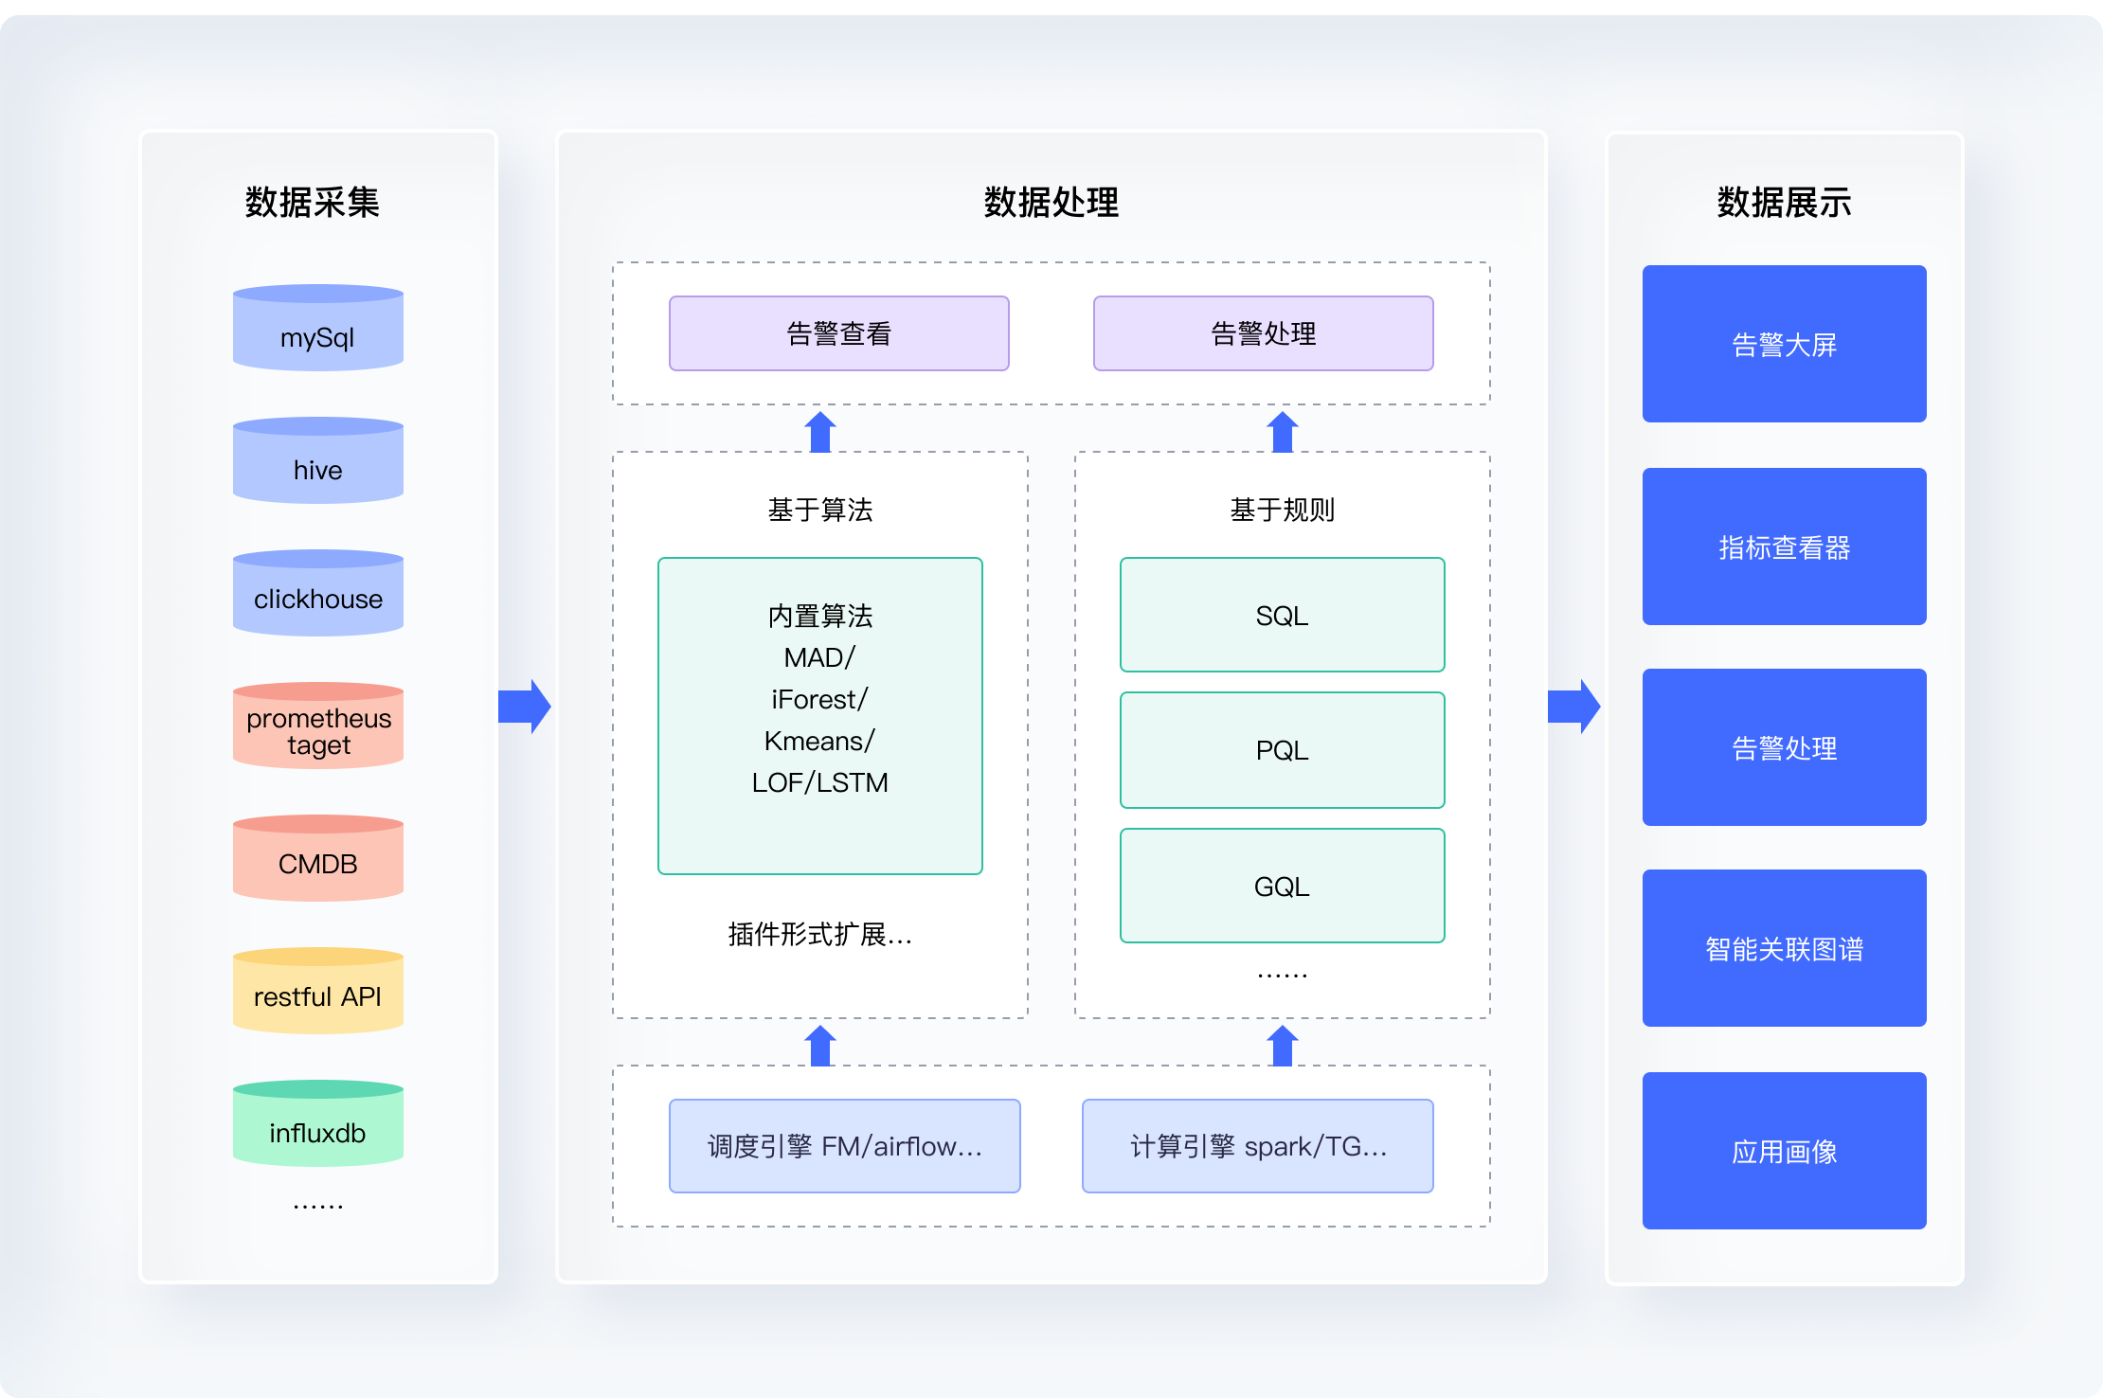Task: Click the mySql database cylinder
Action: (318, 328)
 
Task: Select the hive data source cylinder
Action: (318, 460)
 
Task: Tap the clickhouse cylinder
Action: (318, 593)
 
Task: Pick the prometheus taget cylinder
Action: (318, 726)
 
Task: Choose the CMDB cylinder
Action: (318, 858)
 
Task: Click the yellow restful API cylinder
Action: (318, 991)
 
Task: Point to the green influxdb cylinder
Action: (318, 1123)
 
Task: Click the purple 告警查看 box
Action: (839, 333)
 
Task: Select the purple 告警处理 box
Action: (1264, 333)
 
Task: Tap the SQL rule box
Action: (1283, 615)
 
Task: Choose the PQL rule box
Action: (1283, 750)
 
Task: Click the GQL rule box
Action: (1283, 886)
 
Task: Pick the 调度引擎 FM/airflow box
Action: (845, 1146)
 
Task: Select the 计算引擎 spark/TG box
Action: (1258, 1146)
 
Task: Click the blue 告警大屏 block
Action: (1785, 344)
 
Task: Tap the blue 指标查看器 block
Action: (1785, 547)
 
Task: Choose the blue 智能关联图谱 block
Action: (1785, 948)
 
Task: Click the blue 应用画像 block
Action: (1785, 1151)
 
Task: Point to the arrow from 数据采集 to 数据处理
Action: (525, 707)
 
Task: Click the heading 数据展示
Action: (1785, 203)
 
